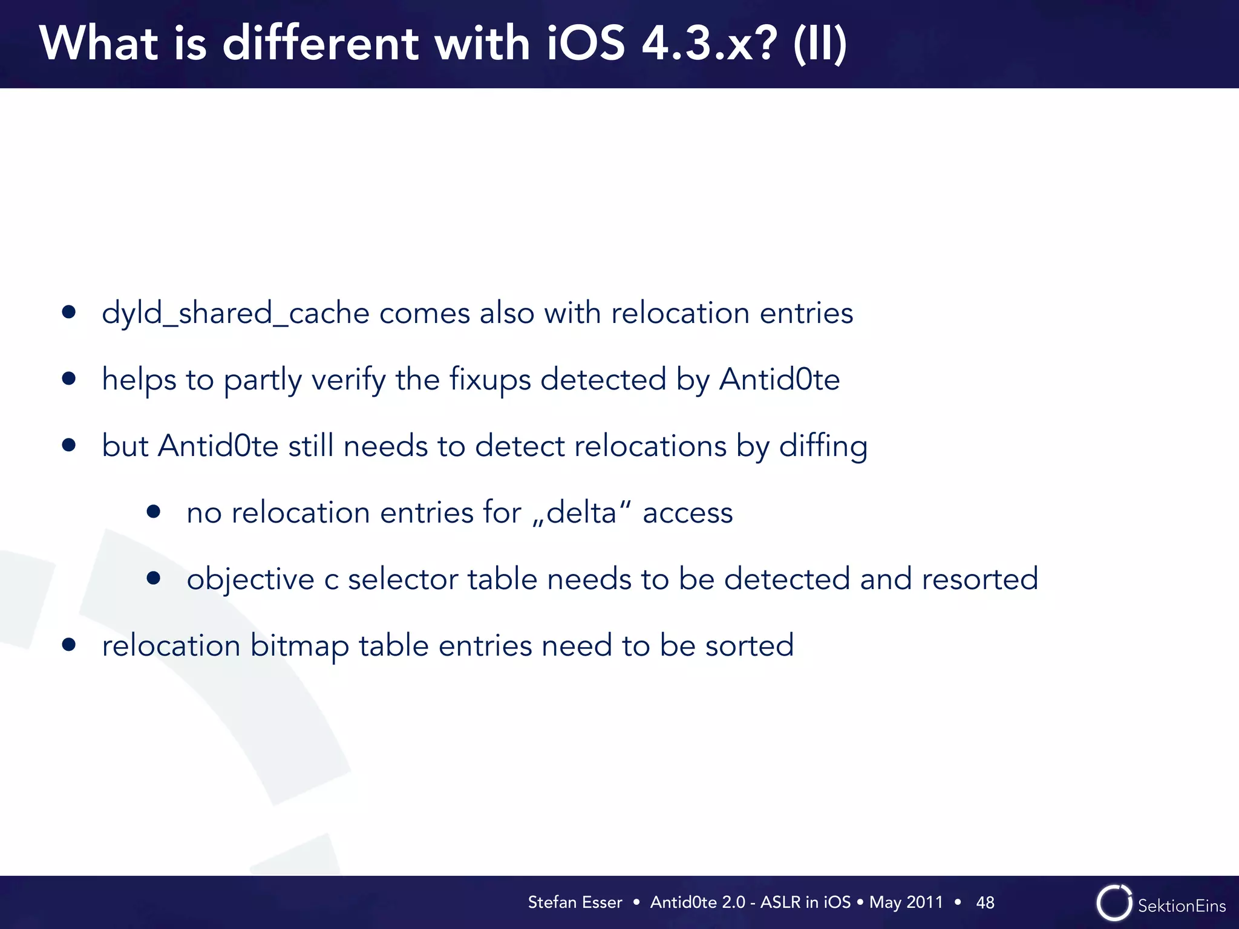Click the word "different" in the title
click(321, 44)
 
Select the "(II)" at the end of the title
click(820, 45)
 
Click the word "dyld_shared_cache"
click(235, 313)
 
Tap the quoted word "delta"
click(581, 513)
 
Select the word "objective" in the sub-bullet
click(250, 579)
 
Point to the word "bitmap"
click(299, 646)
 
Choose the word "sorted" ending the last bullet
click(750, 645)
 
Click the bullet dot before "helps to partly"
click(69, 379)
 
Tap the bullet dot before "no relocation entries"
click(154, 512)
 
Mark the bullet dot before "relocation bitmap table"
click(69, 645)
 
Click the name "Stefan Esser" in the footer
click(575, 902)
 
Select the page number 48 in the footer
click(985, 902)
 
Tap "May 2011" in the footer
click(906, 902)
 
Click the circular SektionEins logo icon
click(1114, 903)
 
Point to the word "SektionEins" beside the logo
click(1182, 905)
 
